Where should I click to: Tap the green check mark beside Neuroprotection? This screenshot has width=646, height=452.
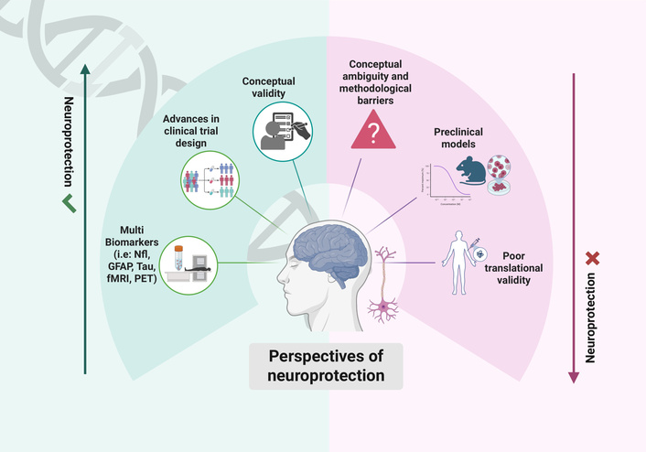click(66, 200)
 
